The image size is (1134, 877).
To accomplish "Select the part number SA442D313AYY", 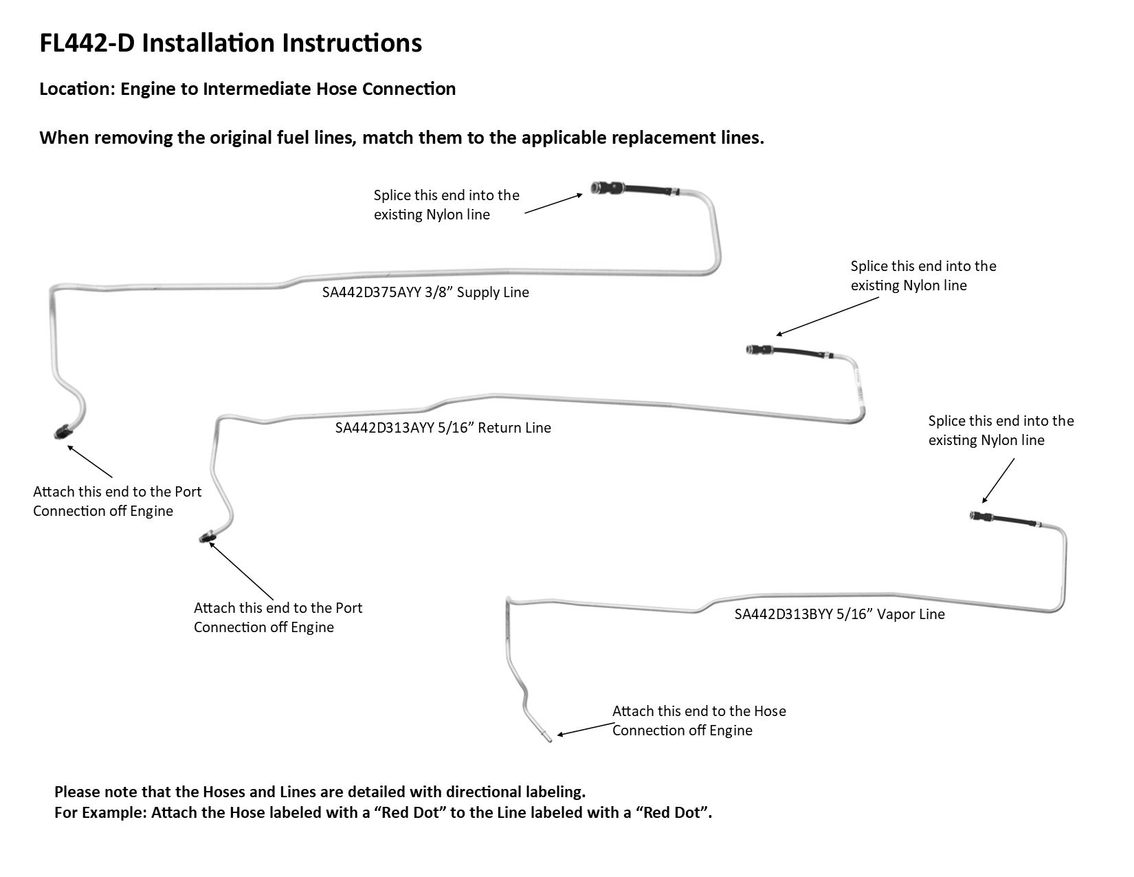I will click(383, 428).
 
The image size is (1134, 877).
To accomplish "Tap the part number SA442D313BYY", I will click(783, 614).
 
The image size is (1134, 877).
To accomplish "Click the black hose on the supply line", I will click(647, 191).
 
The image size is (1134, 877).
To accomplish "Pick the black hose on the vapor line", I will click(1014, 521).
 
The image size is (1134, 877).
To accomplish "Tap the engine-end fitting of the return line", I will click(205, 537).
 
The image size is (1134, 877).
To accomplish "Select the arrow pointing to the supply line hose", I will click(553, 204).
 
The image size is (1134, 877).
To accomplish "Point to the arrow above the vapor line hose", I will click(998, 481).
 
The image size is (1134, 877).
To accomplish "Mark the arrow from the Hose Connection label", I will click(584, 729).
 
